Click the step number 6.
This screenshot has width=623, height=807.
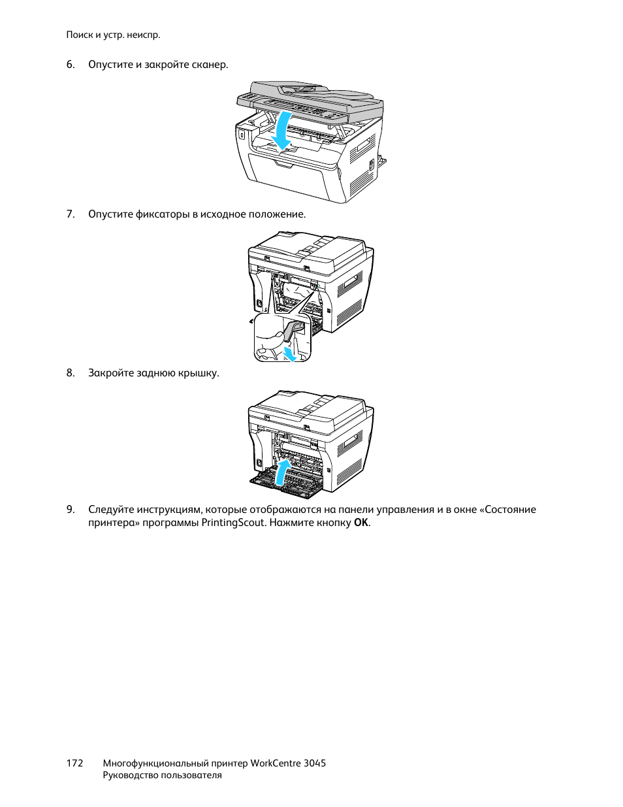[70, 65]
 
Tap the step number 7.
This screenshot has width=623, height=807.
[70, 214]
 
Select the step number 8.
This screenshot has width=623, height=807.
[70, 373]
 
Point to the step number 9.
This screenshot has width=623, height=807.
[70, 510]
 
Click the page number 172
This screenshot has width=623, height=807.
[74, 763]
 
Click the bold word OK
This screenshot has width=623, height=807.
[361, 523]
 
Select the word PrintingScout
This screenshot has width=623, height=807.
[233, 523]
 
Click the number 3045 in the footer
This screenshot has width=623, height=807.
[315, 763]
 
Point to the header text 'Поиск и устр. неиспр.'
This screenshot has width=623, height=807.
[113, 35]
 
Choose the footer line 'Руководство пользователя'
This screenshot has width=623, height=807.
[162, 776]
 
